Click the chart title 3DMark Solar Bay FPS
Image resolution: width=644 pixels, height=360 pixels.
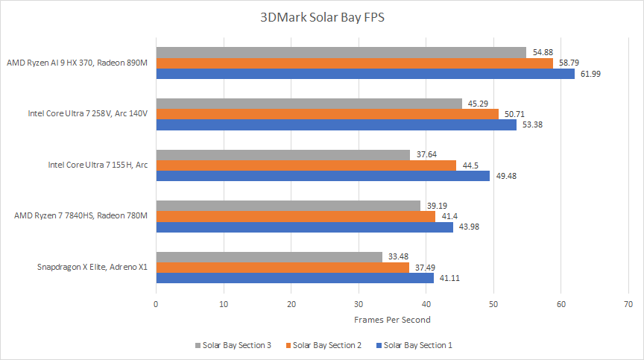coord(322,17)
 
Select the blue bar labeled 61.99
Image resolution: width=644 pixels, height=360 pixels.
coord(365,74)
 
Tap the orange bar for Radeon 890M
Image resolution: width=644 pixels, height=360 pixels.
coord(354,63)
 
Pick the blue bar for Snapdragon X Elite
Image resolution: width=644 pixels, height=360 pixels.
coord(294,278)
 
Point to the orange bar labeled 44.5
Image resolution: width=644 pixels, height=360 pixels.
coord(306,165)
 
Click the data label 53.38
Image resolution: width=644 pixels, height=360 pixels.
coord(531,124)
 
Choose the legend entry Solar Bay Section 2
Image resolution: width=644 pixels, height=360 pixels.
coord(329,345)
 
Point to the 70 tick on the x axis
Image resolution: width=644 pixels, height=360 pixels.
coord(628,304)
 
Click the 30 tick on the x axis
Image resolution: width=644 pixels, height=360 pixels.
coord(359,304)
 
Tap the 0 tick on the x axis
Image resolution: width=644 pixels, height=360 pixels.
coord(156,304)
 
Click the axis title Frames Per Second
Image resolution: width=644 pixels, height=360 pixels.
coord(392,320)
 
